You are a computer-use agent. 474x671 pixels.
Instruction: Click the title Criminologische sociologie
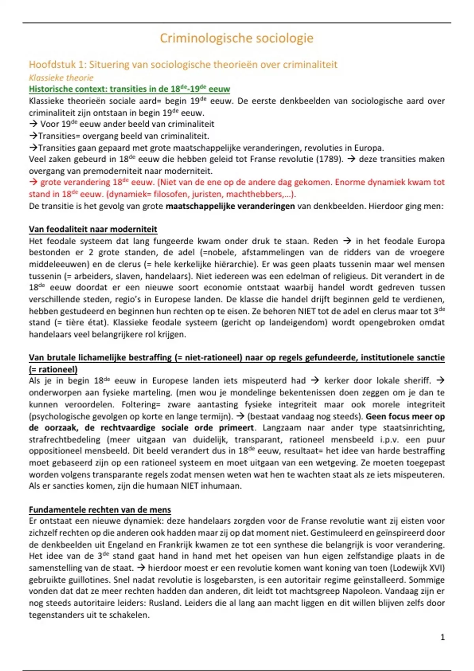[236, 38]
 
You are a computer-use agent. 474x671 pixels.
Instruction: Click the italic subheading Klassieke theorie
[61, 78]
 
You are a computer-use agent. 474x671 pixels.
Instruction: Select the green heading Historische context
[129, 89]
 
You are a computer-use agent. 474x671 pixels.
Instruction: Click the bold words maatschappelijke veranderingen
[230, 206]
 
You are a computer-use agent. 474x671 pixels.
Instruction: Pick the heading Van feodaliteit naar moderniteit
[93, 229]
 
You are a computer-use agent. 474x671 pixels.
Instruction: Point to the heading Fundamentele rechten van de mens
[100, 510]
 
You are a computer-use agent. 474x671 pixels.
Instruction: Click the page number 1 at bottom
[442, 637]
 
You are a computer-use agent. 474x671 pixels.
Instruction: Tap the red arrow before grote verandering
[33, 182]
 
